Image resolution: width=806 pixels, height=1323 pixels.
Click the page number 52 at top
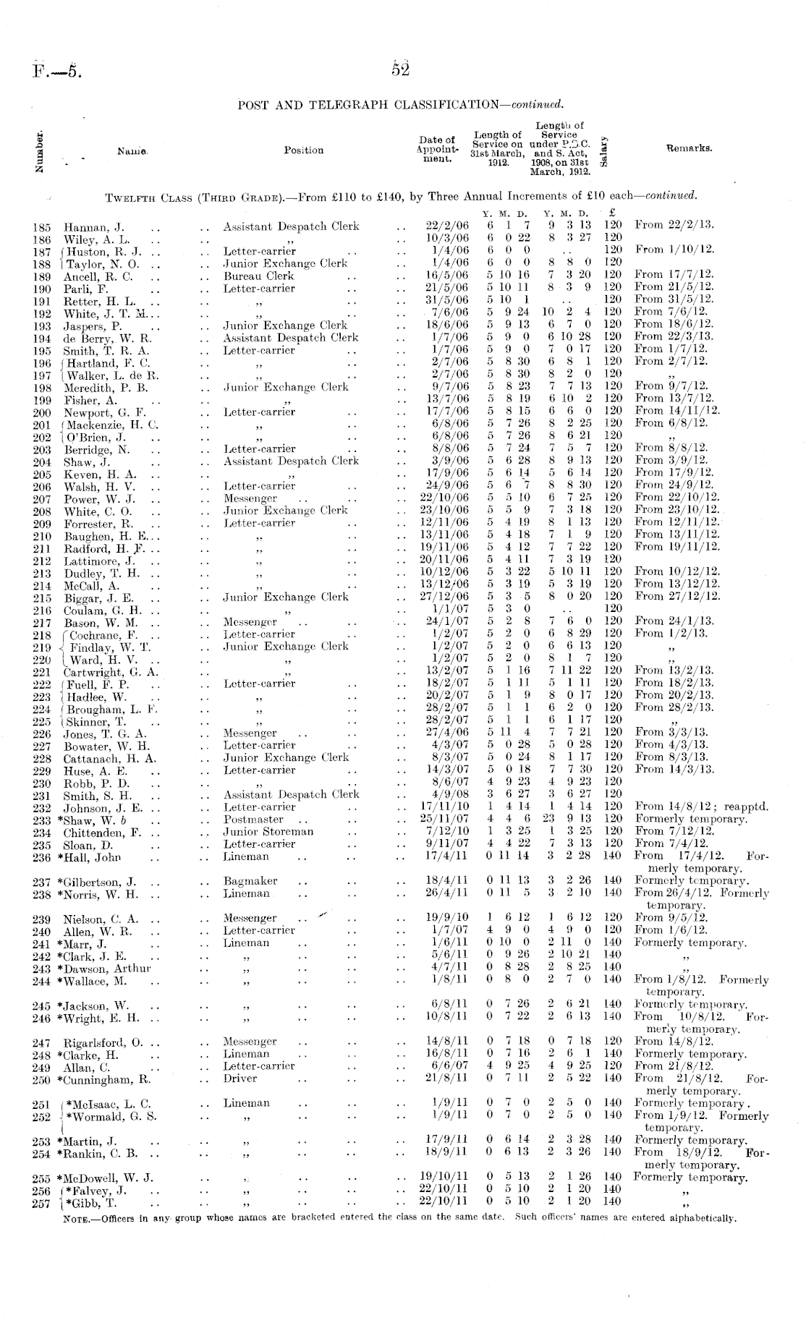(400, 69)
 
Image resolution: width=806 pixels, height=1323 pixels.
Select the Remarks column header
(689, 148)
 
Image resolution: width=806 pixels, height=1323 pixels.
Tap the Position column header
(303, 150)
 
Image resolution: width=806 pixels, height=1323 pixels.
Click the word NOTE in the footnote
(77, 1218)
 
